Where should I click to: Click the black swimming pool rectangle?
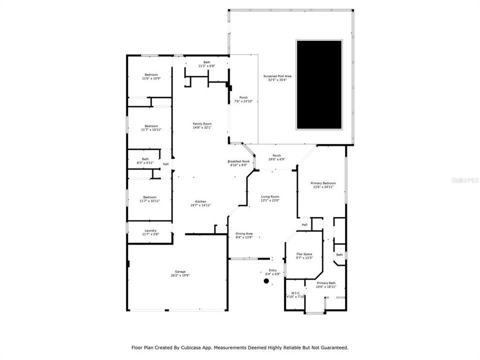pyautogui.click(x=319, y=84)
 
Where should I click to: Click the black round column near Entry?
pyautogui.click(x=266, y=281)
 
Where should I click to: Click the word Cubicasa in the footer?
pyautogui.click(x=194, y=347)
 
